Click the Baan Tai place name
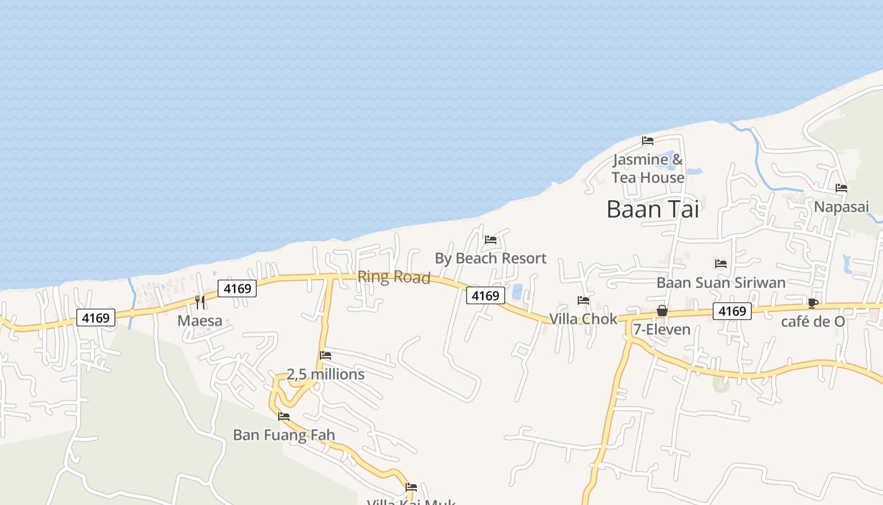653,209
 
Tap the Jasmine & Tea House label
648,169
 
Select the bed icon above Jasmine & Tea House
648,140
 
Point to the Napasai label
841,206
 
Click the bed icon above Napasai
841,188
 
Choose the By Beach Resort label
491,258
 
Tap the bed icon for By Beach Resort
491,240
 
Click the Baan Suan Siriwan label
721,282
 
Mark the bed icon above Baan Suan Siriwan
721,263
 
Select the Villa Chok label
583,319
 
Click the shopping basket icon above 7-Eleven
662,311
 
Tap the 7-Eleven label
662,329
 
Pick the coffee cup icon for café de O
813,303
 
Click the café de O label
813,321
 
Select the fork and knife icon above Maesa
200,302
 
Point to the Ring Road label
394,276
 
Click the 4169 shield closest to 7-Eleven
732,311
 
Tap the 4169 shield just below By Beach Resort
486,295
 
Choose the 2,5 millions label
325,374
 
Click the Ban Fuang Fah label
284,435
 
